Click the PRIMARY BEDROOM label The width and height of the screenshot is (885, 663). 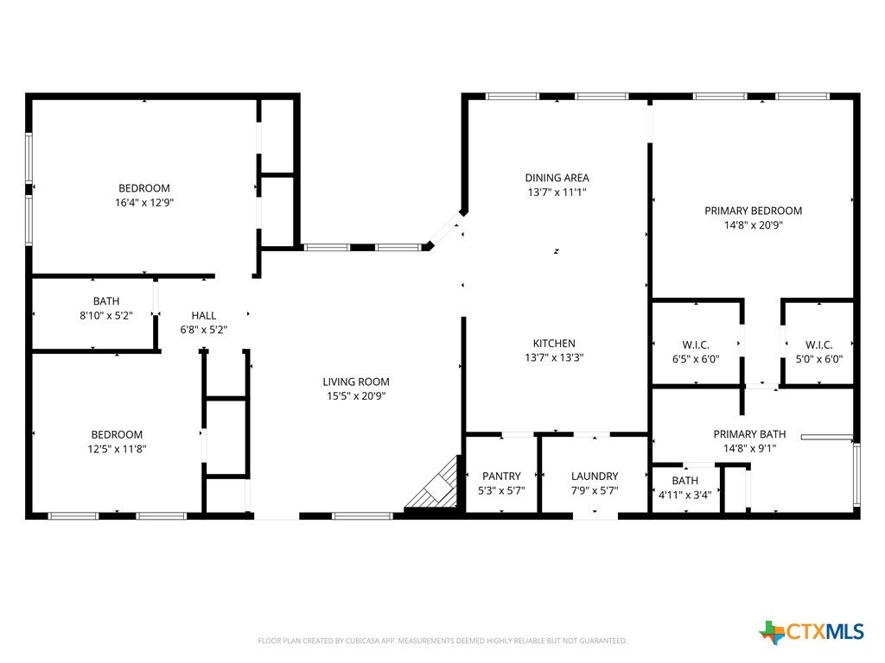pyautogui.click(x=753, y=211)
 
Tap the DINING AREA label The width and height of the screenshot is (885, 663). pyautogui.click(x=557, y=178)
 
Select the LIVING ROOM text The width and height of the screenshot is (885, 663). pyautogui.click(x=356, y=382)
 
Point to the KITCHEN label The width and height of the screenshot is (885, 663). pyautogui.click(x=554, y=344)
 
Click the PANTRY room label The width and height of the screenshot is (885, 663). pyautogui.click(x=501, y=477)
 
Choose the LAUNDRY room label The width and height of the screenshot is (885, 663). pyautogui.click(x=595, y=477)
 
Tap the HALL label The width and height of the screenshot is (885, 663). pyautogui.click(x=204, y=316)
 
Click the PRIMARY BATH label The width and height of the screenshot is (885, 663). pyautogui.click(x=749, y=434)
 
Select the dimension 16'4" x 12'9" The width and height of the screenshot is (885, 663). pyautogui.click(x=144, y=202)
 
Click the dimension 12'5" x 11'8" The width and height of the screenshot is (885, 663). pyautogui.click(x=117, y=449)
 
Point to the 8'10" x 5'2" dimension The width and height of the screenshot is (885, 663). pyautogui.click(x=106, y=316)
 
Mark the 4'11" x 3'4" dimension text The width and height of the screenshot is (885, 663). pyautogui.click(x=685, y=495)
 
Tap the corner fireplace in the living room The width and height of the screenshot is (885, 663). pyautogui.click(x=434, y=486)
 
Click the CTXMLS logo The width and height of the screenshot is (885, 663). pyautogui.click(x=812, y=632)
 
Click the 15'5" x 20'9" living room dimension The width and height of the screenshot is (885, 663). pyautogui.click(x=356, y=396)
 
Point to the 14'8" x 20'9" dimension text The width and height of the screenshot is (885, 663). pyautogui.click(x=753, y=225)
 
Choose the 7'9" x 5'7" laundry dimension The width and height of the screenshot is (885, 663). pyautogui.click(x=595, y=491)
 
